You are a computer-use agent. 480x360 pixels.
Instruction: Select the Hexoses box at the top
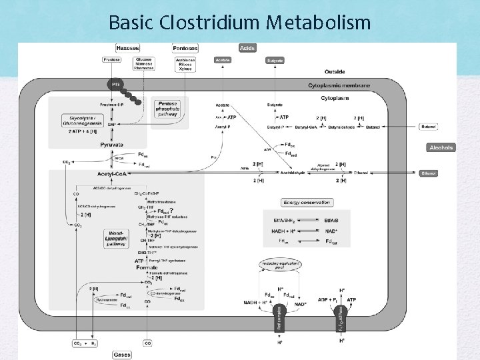point(127,48)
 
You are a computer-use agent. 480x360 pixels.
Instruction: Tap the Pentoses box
point(185,48)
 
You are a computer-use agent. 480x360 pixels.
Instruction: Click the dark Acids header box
point(247,48)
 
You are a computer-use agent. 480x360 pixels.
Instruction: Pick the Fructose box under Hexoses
point(112,60)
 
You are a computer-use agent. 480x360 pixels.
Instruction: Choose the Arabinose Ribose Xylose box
point(185,63)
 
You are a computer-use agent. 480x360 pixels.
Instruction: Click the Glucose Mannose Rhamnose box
point(143,63)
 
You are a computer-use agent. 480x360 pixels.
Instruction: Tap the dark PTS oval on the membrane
point(116,85)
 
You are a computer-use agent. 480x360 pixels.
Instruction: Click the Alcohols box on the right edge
point(441,147)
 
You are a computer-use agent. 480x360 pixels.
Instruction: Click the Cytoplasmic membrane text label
point(339,85)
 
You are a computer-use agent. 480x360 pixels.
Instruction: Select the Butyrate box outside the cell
point(275,60)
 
